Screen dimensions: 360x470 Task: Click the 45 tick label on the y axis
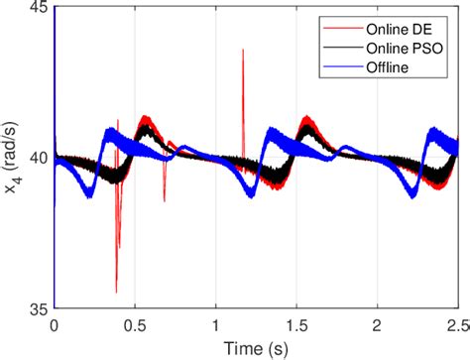tap(38, 10)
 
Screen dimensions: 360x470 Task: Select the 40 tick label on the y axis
tap(38, 159)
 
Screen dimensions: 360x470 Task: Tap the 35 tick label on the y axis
tap(38, 308)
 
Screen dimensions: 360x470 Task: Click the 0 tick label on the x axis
tap(54, 323)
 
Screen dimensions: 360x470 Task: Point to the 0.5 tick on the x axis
tap(134, 323)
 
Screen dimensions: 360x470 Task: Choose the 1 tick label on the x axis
tap(215, 323)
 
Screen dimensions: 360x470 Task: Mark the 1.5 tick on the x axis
tap(296, 323)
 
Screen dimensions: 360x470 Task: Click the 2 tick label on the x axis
tap(377, 323)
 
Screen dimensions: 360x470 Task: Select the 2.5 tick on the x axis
tap(456, 323)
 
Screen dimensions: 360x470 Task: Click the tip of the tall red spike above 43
tap(243, 50)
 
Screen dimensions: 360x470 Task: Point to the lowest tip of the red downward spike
tap(115, 293)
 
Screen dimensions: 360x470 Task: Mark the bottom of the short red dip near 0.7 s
tap(165, 201)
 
